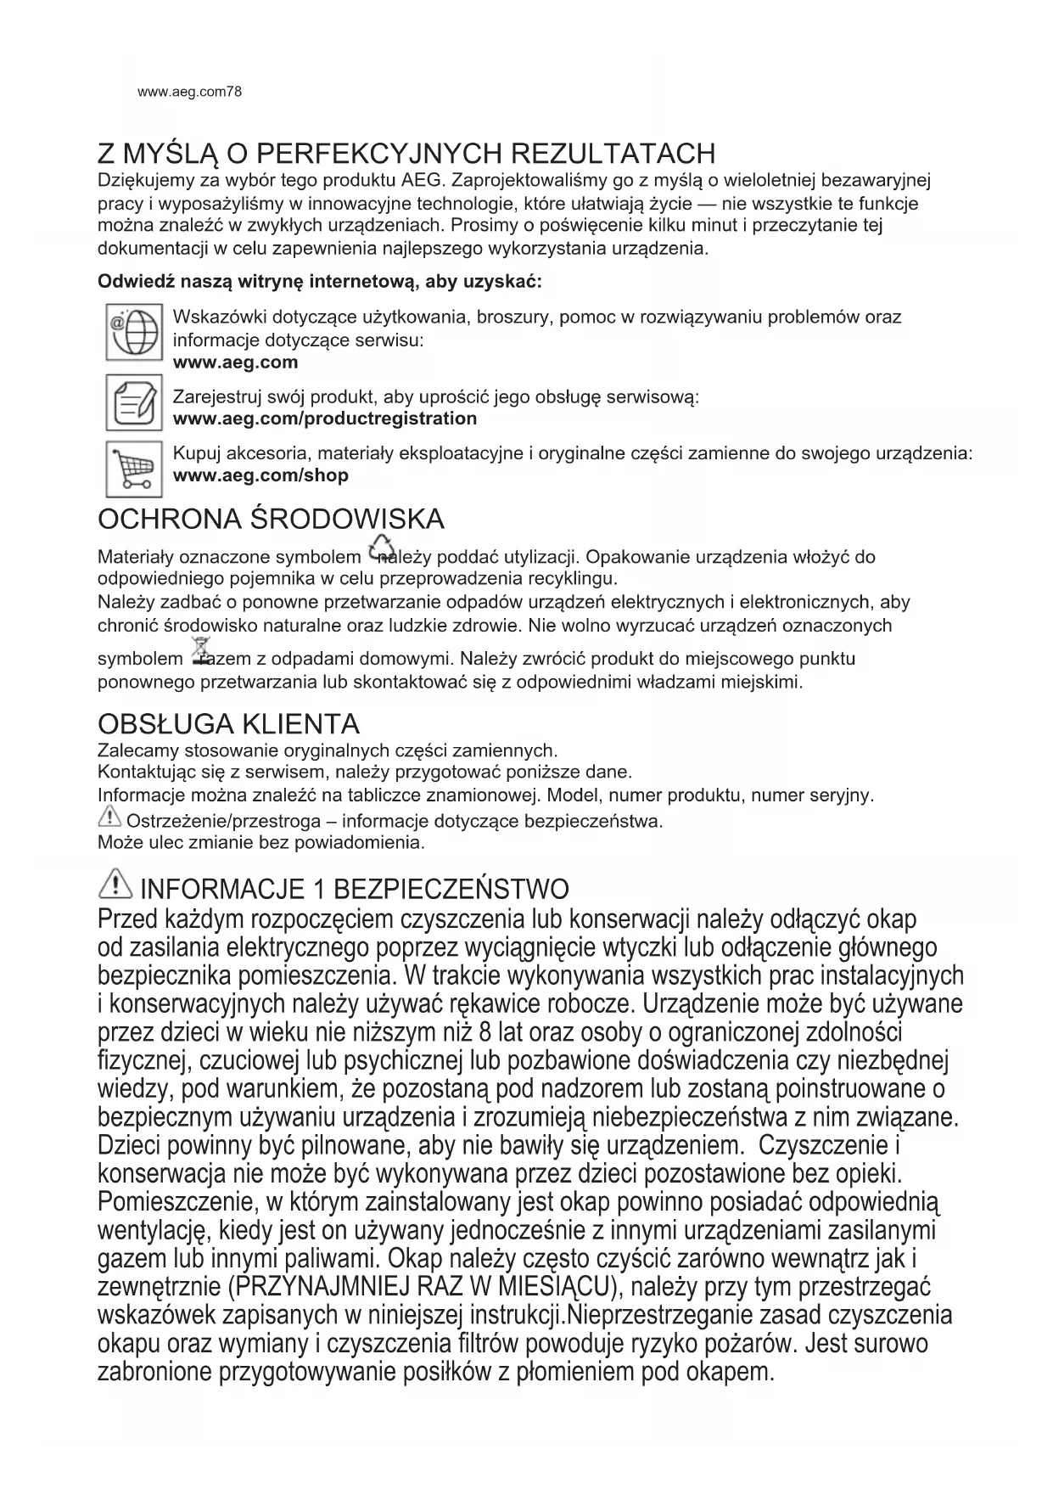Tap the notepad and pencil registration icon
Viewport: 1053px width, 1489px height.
point(133,402)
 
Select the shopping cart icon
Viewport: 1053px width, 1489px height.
point(133,468)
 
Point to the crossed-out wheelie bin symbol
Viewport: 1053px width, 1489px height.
point(200,650)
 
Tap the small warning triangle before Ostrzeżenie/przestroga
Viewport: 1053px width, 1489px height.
point(109,818)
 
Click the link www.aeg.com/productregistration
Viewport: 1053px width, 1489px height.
point(324,419)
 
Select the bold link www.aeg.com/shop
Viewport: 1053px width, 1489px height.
point(260,475)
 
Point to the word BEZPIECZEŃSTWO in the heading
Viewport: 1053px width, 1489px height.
point(451,890)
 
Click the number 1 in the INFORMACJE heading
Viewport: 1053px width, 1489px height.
point(320,890)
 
